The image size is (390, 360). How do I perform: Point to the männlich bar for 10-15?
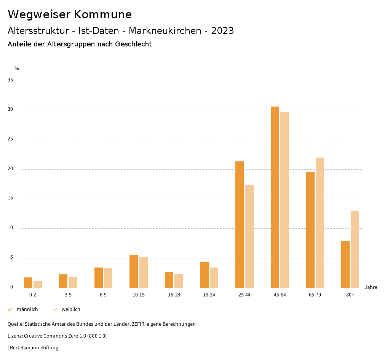pos(134,271)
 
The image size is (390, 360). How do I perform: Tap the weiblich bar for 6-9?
pos(108,278)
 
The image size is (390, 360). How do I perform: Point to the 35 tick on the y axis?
pos(10,80)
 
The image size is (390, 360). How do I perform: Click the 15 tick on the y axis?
pos(10,199)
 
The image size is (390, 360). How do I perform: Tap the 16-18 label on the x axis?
pos(174,295)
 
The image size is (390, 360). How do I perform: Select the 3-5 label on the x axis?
pos(68,295)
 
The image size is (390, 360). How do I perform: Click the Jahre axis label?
pos(371,287)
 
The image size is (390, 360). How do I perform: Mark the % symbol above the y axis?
pos(17,68)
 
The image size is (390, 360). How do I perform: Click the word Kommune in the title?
pos(103,14)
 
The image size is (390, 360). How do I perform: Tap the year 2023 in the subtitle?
pos(222,31)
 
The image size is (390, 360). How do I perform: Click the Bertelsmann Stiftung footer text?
pos(34,348)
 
